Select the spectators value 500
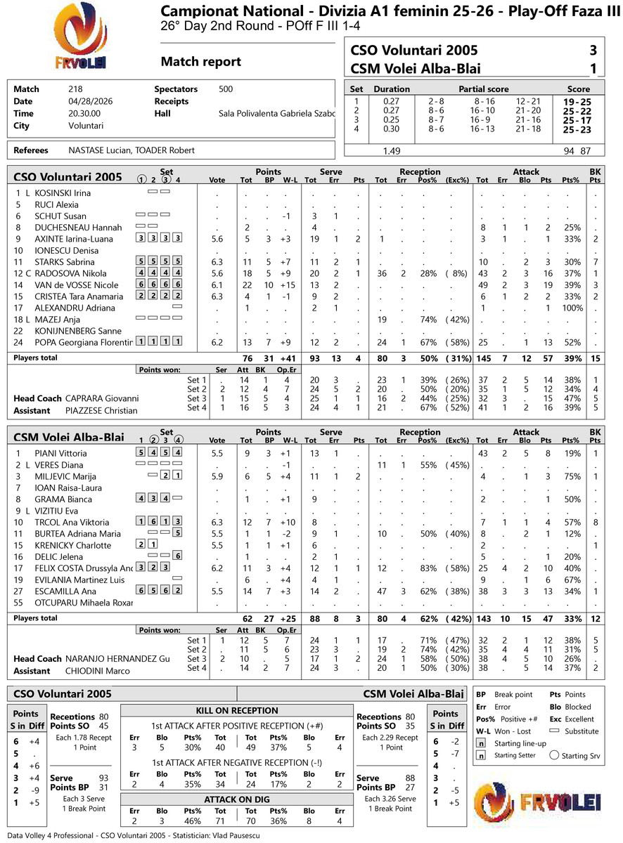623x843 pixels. point(226,89)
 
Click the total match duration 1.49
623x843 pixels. point(392,151)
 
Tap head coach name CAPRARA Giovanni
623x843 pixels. point(102,398)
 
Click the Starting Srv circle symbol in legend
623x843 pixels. point(554,756)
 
